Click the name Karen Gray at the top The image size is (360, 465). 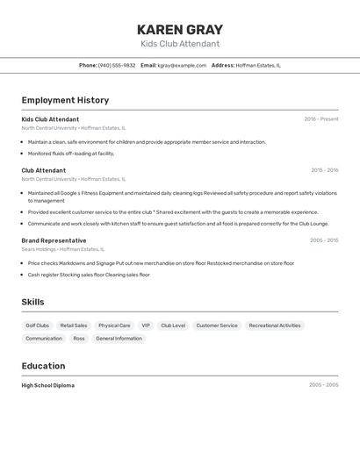point(180,30)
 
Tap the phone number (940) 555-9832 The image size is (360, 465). point(117,65)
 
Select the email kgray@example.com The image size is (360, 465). point(182,65)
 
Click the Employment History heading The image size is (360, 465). point(65,100)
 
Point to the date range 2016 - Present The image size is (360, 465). point(321,119)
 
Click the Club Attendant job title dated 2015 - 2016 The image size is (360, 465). point(44,170)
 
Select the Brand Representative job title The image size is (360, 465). point(54,240)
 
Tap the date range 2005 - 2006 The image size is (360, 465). point(324,240)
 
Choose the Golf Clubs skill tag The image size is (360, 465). point(38,325)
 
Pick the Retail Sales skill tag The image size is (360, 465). point(74,325)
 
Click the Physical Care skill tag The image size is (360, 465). point(114,325)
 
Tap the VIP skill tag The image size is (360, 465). point(146,325)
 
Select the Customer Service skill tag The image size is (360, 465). point(217,325)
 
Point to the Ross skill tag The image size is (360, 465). point(79,339)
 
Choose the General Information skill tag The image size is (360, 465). point(119,339)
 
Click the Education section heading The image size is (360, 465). point(43,366)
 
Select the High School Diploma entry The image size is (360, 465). point(48,385)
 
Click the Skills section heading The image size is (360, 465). point(33,302)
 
